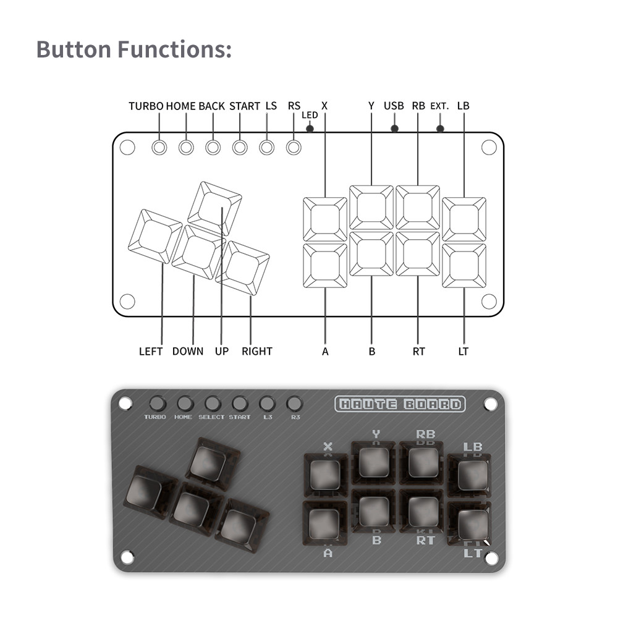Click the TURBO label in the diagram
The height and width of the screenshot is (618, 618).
[x=146, y=106]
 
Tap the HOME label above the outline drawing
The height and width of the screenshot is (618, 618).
[x=180, y=106]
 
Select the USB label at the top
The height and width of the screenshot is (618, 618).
[x=394, y=106]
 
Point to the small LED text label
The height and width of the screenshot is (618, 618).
[x=310, y=115]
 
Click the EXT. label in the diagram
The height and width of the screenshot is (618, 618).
[x=439, y=106]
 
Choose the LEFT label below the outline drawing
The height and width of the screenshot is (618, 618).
[x=151, y=351]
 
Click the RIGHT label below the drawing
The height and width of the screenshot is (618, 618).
[x=257, y=351]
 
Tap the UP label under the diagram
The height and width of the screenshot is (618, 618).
[x=222, y=351]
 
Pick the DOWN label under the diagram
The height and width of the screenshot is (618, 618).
[x=188, y=351]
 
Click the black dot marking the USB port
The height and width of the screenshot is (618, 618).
[x=394, y=129]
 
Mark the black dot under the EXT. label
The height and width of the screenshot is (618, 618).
[x=440, y=129]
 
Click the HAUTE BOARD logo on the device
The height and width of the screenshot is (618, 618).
[x=400, y=405]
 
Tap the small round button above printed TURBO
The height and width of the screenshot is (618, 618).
[x=158, y=404]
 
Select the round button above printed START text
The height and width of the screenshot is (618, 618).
[x=240, y=404]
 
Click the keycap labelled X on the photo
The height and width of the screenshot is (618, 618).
[x=325, y=475]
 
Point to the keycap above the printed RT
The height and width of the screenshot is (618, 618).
[x=423, y=512]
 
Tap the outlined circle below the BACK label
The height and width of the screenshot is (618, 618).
[x=213, y=148]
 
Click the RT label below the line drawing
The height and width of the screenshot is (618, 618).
[x=418, y=351]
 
